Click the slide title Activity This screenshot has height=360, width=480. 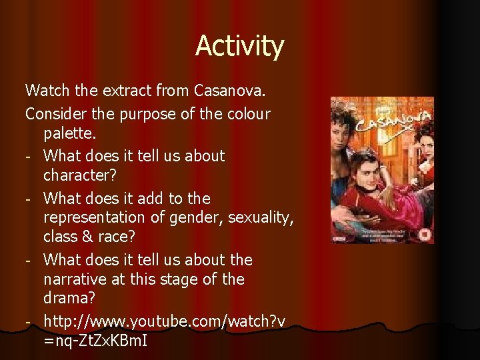coord(239,47)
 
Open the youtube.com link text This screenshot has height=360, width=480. coord(164,321)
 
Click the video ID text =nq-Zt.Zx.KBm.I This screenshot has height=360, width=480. coord(95,341)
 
